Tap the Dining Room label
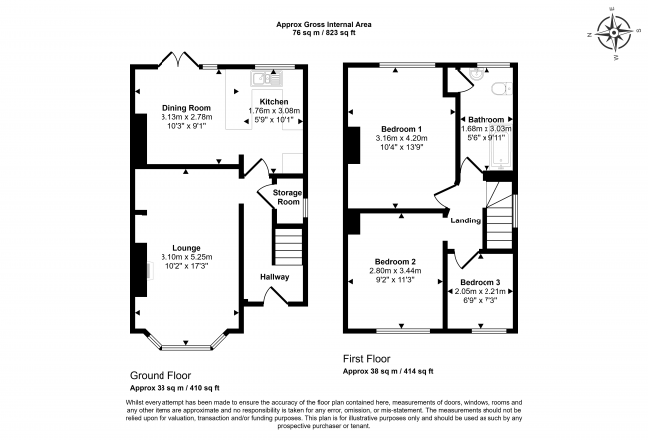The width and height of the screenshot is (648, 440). click(187, 107)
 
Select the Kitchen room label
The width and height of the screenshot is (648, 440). click(274, 101)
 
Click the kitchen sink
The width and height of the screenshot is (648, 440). click(263, 78)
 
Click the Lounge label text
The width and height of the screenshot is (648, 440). click(186, 247)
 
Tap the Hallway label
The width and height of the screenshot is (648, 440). click(274, 276)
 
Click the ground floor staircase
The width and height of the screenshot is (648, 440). click(288, 245)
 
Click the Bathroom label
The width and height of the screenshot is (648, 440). click(486, 119)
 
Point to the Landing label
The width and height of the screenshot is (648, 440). click(466, 220)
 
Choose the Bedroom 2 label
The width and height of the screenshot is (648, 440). click(391, 262)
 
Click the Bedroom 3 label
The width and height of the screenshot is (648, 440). click(481, 282)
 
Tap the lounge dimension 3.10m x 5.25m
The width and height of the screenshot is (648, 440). click(186, 257)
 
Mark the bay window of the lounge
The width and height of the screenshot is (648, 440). click(187, 344)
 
